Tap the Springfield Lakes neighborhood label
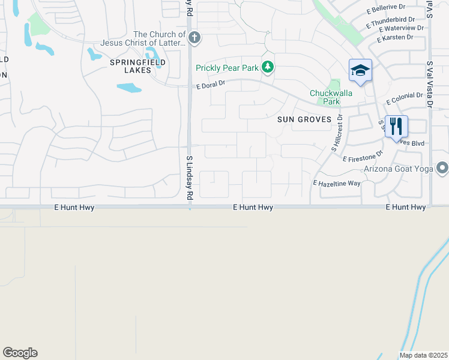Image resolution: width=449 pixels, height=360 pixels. pos(137,66)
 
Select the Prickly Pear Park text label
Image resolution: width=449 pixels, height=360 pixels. pos(227,68)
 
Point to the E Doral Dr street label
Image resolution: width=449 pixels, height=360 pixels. pos(211,86)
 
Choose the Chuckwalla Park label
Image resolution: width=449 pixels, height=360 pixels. pos(325,97)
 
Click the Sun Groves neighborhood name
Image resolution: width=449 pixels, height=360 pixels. pos(304,119)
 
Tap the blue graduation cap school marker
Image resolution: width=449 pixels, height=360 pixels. pos(360,71)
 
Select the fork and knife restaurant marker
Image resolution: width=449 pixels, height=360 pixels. pos(396,127)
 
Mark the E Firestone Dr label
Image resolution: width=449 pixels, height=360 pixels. pos(363,157)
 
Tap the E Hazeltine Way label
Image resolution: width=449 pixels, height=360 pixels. pos(336,182)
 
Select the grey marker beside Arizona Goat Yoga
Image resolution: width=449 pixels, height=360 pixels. pos(442,167)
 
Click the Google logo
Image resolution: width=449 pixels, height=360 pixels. pos(20,353)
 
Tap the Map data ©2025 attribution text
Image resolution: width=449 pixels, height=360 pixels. pos(423,355)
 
